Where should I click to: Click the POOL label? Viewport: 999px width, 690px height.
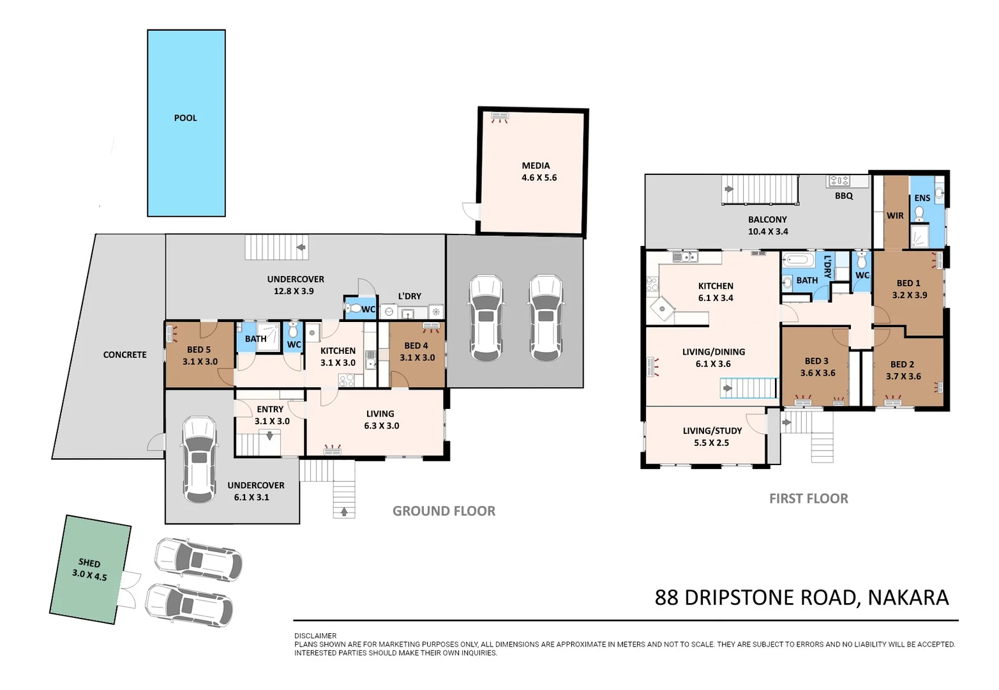pos(185,118)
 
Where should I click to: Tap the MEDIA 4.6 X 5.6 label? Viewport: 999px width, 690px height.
pos(538,171)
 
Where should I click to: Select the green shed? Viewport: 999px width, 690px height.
pos(90,569)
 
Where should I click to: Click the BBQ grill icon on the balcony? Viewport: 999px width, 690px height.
pos(839,181)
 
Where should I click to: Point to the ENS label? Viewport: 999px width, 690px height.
pos(922,198)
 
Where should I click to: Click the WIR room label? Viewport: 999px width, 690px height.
pos(895,216)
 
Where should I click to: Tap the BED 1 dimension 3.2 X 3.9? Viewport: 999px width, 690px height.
pos(909,295)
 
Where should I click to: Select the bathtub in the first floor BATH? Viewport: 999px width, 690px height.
pos(798,260)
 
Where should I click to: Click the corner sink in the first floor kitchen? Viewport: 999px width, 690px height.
pos(663,309)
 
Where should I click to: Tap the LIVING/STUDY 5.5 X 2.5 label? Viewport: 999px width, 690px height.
pos(712,436)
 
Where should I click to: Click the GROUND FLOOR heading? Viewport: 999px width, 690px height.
pos(444,511)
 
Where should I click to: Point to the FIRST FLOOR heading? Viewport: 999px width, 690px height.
pos(808,499)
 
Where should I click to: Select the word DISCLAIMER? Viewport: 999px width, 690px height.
pos(315,636)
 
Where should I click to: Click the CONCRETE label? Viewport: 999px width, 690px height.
pos(124,355)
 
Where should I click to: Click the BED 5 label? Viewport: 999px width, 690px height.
pos(199,349)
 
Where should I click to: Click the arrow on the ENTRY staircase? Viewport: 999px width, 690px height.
pos(269,436)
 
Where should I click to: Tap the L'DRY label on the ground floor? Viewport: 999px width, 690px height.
pos(409,296)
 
